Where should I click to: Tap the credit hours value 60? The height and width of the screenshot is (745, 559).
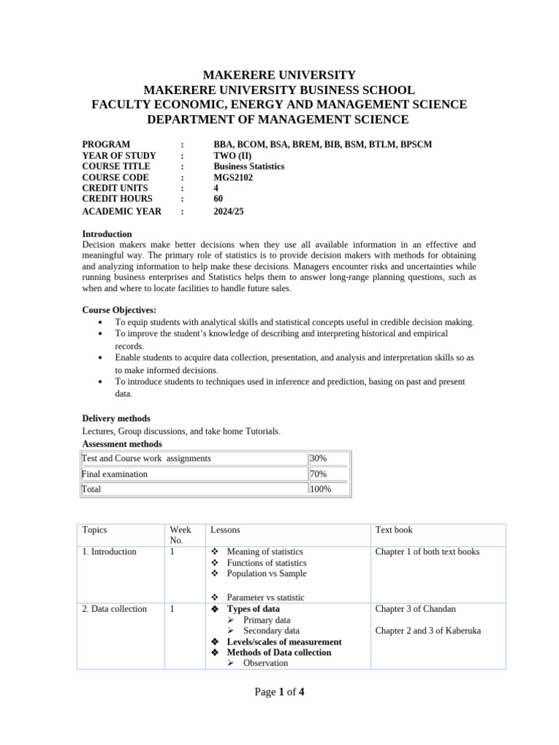coord(218,199)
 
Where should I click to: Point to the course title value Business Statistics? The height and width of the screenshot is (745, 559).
coord(248,167)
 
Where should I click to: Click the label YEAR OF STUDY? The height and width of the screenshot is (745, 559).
coord(119,156)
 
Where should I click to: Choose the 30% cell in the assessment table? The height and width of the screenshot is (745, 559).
coord(319,458)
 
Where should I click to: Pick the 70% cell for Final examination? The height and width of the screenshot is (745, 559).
coord(319,474)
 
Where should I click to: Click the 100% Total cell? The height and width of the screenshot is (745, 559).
coord(320,490)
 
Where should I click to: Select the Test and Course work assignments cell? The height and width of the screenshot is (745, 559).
coord(146,458)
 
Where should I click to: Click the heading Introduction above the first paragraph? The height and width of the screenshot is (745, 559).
coord(107,234)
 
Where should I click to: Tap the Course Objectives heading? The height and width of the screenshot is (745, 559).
coord(119,311)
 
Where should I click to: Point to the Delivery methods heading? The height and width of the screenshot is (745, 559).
coord(116,419)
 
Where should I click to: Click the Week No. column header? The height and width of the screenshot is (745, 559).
coord(180,535)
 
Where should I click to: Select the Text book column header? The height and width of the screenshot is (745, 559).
coord(394,530)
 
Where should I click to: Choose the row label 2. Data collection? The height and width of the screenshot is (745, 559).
coord(114,609)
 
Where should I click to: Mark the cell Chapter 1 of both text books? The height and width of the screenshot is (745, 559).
coord(427,552)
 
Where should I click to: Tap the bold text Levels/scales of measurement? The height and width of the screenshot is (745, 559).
coord(284,642)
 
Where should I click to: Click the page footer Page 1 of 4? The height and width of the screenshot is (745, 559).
coord(279,692)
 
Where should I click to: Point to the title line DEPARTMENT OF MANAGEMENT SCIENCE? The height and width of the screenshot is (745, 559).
coord(279,119)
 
